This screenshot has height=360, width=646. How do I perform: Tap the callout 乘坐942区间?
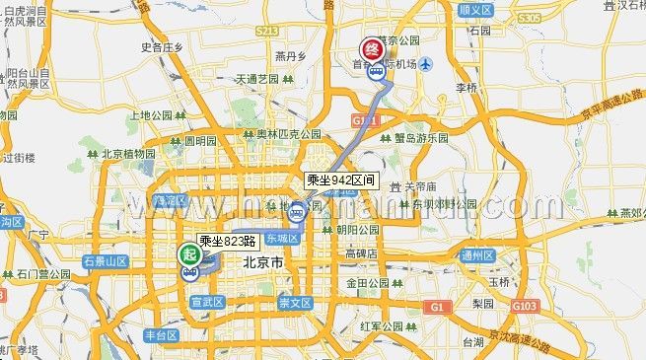(x=340, y=180)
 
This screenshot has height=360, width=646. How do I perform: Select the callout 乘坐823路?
(x=228, y=240)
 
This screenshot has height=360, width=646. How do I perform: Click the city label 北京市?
(x=263, y=264)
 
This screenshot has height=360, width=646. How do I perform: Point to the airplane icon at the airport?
(x=425, y=66)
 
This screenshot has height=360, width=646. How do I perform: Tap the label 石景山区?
(x=106, y=261)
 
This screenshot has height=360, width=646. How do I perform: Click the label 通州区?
(x=476, y=254)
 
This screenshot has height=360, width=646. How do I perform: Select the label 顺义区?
(x=475, y=9)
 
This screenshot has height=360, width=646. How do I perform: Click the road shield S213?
(x=266, y=33)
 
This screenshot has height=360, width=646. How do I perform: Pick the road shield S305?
(x=529, y=19)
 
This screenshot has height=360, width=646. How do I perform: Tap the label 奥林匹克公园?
(x=289, y=133)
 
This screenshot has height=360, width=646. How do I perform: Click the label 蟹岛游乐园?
(x=421, y=138)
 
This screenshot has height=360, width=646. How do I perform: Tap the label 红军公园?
(x=383, y=326)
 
